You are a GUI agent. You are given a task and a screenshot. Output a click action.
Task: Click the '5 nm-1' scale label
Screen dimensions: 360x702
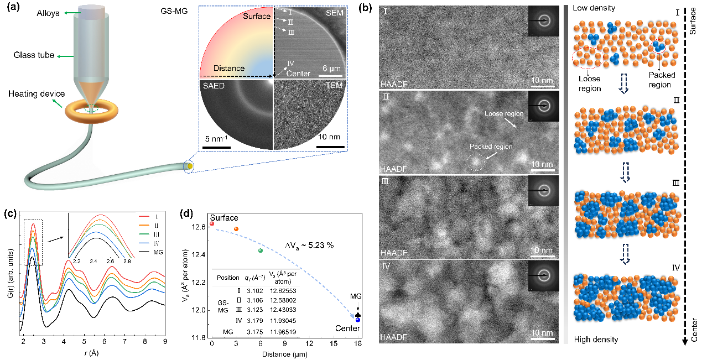pos(216,138)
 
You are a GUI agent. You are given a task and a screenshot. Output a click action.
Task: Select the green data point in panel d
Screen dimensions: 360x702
pos(261,251)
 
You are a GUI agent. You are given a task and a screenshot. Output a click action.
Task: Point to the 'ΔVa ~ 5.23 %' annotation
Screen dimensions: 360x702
pos(305,244)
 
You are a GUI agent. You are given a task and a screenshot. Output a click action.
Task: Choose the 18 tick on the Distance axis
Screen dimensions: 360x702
pos(357,343)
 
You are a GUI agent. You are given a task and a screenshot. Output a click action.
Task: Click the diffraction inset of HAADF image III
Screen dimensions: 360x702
pos(543,191)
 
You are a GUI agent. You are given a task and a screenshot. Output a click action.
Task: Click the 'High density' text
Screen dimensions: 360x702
pos(596,339)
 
